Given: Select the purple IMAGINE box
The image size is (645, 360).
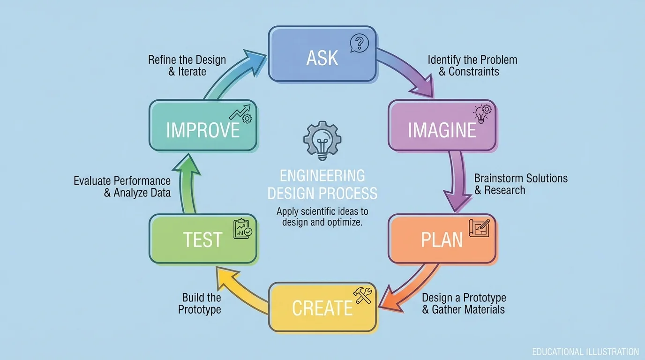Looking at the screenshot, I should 442,126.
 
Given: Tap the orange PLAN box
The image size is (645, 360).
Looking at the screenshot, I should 442,239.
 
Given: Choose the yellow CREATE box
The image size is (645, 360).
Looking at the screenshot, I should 322,307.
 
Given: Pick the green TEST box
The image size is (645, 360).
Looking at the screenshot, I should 202,239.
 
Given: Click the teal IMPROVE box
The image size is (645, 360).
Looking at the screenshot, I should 203,126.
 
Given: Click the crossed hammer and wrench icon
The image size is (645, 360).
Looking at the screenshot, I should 363,295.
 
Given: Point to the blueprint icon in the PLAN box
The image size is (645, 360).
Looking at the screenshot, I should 479,228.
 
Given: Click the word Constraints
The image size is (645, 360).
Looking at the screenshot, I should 473,72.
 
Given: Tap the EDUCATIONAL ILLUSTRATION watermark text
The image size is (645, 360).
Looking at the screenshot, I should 585,352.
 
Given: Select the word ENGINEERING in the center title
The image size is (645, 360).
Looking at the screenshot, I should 322,176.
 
